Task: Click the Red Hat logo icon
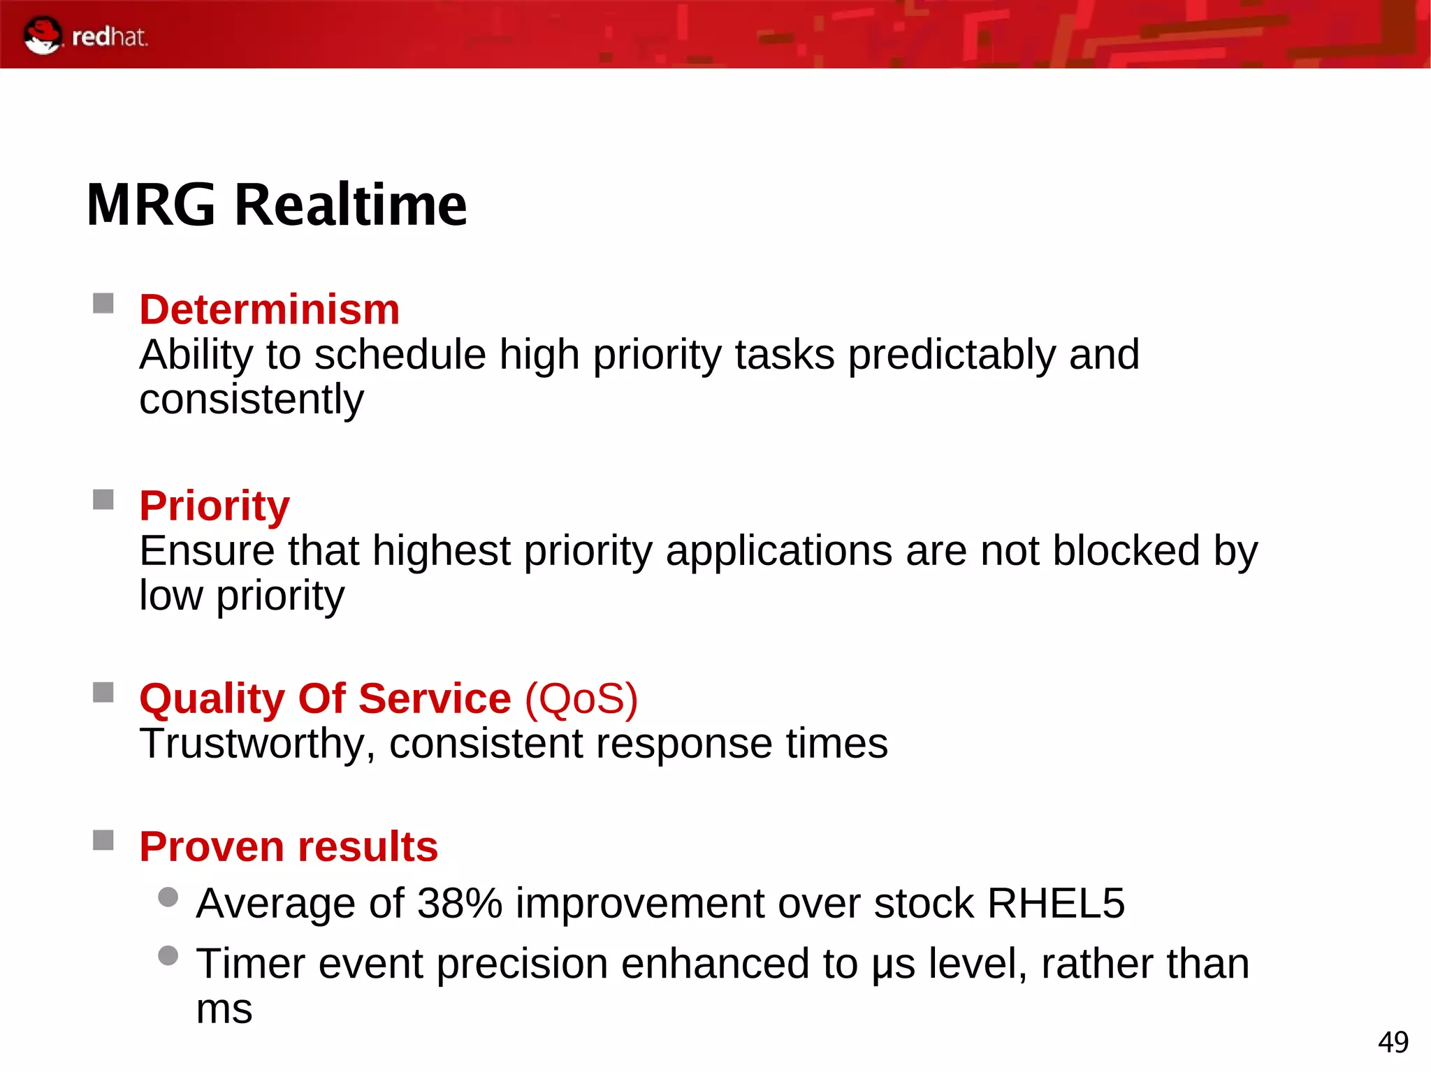43,35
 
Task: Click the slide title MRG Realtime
277,205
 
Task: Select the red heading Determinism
269,309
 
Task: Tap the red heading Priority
214,506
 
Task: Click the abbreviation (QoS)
581,698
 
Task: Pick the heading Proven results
288,846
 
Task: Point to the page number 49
1393,1043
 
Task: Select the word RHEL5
1055,903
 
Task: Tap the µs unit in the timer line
893,964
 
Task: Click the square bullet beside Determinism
103,304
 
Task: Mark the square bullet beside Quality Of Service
103,693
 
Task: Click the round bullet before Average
168,897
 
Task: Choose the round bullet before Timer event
168,955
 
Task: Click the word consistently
252,399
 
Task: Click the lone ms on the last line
224,1009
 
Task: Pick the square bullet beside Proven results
103,840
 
